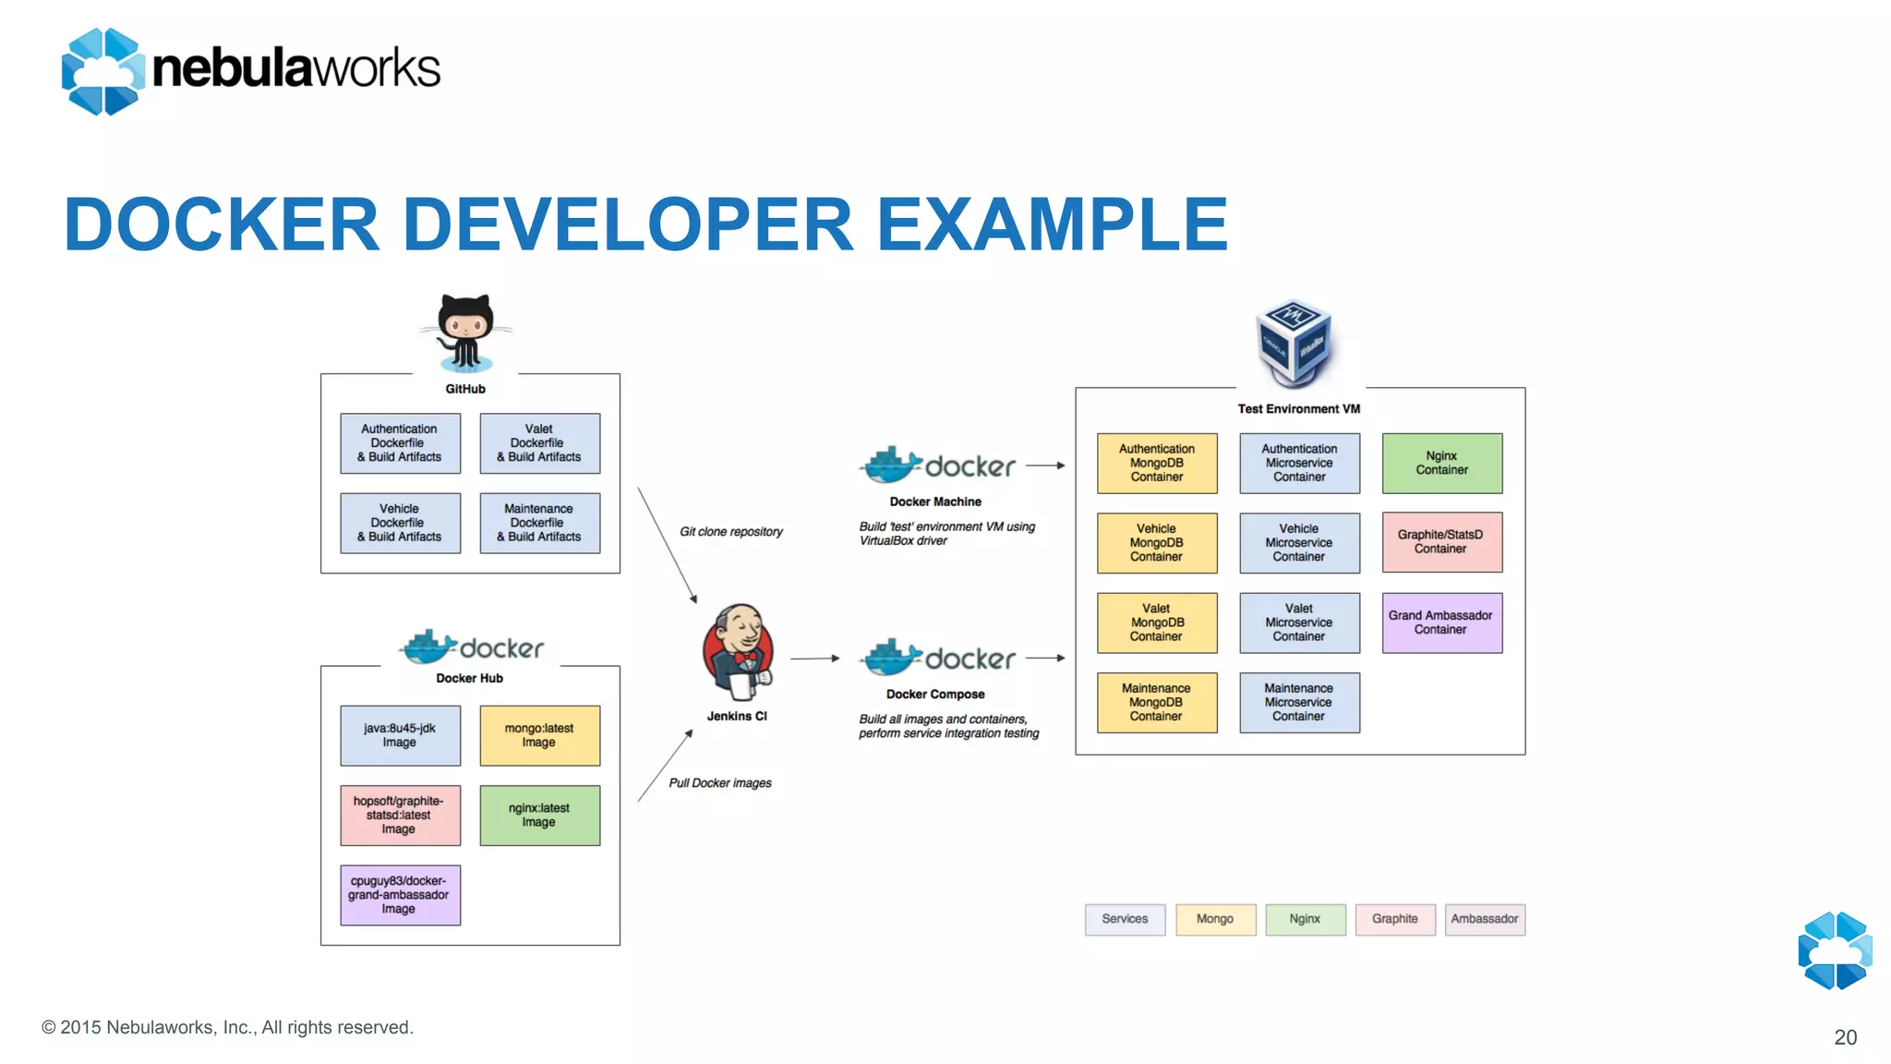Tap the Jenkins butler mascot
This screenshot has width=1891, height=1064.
(738, 652)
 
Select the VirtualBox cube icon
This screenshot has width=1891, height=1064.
(1295, 342)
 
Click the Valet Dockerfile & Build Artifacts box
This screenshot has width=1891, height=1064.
(539, 443)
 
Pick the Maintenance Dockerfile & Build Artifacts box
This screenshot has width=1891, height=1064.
(539, 523)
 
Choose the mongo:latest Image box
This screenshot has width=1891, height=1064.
(539, 735)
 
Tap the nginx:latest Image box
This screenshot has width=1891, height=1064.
(539, 815)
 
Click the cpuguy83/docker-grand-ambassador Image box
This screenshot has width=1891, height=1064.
(400, 895)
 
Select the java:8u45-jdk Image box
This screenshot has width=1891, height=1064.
(400, 735)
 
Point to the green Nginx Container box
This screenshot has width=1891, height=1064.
(1441, 463)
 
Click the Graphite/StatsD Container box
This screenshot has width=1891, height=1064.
(1441, 542)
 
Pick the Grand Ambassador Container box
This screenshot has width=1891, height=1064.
(1441, 623)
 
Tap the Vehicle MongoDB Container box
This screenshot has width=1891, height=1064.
(1156, 543)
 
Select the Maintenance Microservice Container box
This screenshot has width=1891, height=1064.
(1298, 702)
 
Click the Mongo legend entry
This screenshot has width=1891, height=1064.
(1215, 919)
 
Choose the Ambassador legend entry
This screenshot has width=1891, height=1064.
(1484, 919)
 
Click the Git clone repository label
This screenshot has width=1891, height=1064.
(730, 532)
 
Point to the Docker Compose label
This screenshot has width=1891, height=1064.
(935, 695)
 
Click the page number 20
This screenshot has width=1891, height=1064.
(1845, 1037)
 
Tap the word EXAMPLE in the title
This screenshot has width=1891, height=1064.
(1052, 224)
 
